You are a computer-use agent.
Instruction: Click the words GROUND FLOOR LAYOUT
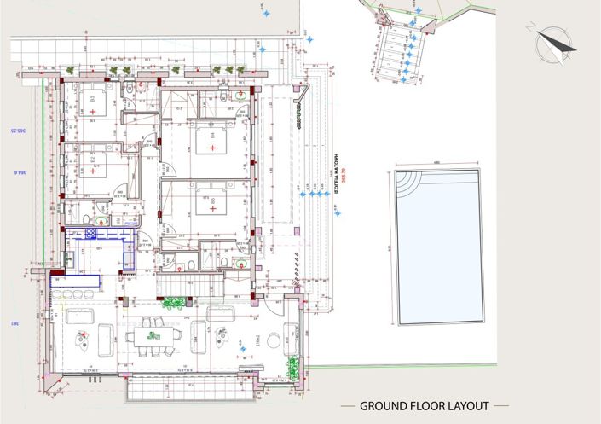tap(424, 406)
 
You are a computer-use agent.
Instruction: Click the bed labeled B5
tap(208, 203)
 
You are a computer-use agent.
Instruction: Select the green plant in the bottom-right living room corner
tap(293, 368)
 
